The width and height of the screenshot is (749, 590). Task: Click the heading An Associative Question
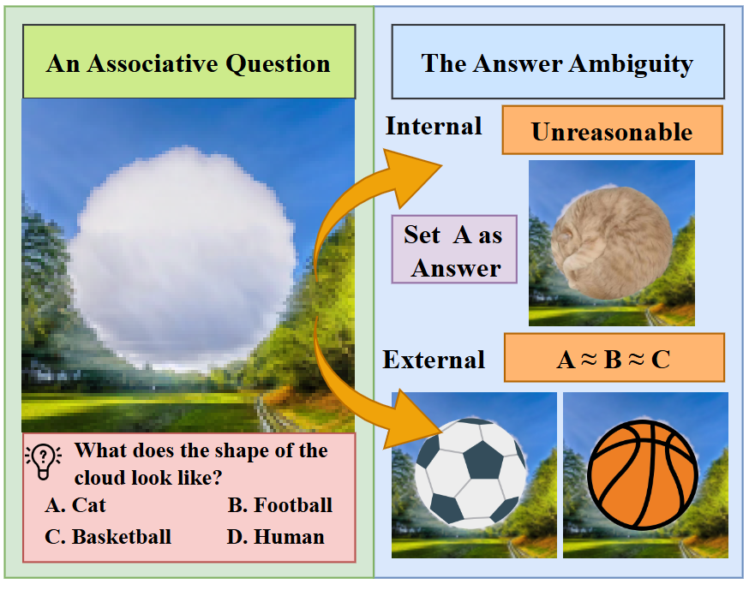[189, 63]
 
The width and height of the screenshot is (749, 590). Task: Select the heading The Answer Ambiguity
[557, 64]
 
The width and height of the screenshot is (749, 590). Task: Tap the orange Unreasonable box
[612, 130]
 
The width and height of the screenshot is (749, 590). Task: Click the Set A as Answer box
[454, 249]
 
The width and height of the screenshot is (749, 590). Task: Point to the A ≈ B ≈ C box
[614, 358]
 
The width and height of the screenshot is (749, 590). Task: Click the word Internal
[434, 127]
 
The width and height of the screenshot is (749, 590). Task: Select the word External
[434, 360]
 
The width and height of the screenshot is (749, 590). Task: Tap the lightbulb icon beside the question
[44, 461]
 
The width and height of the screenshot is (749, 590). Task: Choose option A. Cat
[75, 505]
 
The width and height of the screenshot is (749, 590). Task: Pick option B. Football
[280, 505]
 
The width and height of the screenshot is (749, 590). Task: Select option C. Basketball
[108, 537]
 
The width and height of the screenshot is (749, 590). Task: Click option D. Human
[276, 537]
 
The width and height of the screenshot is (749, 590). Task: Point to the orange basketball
[643, 475]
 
